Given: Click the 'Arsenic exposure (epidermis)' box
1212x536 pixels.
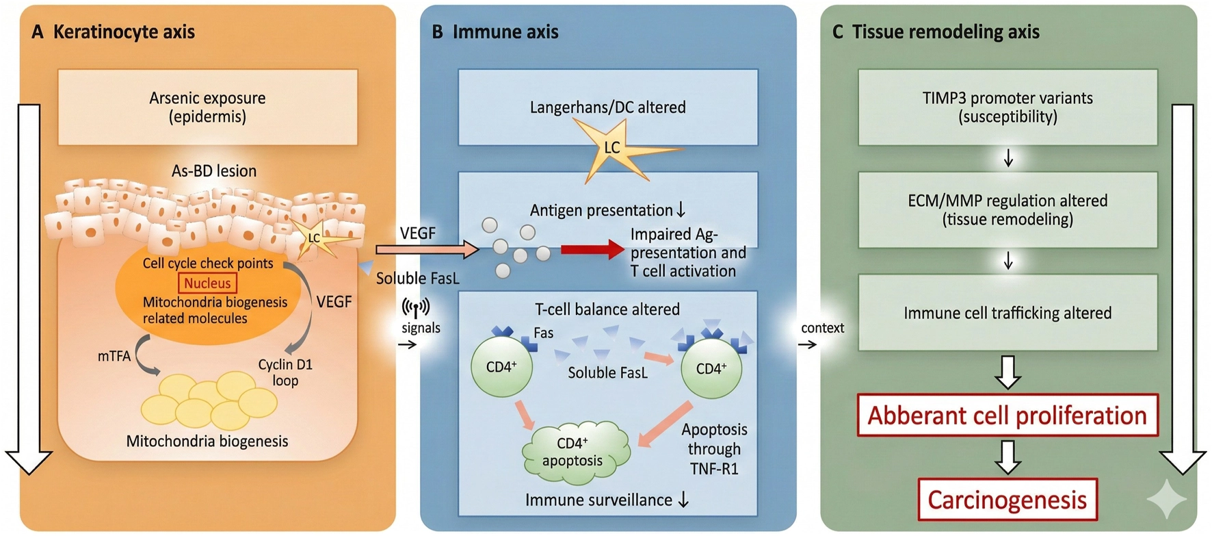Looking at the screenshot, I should coord(207,107).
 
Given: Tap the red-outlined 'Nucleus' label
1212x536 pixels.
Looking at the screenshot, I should coord(207,283).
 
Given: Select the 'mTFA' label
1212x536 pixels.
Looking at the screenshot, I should coord(114,356).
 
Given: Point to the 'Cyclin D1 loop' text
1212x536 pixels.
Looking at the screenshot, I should coord(285,372).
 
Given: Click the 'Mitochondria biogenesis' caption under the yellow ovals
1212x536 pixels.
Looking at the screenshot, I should coord(207,442).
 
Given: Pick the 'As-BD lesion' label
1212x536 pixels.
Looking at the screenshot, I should coord(214,171).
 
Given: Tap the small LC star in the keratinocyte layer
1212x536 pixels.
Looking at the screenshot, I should coord(315,238).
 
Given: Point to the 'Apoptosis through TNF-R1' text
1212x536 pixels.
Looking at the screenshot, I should coord(714,449).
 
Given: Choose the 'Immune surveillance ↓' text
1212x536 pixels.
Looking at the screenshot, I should coord(607,500).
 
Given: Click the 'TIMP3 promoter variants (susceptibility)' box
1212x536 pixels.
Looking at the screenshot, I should coord(1007,107).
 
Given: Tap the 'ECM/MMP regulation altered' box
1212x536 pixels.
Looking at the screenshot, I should coord(1007,209).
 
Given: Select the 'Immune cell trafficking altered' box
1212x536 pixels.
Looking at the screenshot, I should coord(1007,313).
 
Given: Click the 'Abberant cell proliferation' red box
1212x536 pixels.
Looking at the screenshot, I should coord(1007,416).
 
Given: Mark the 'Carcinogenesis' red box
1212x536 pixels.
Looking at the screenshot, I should coord(1007,500).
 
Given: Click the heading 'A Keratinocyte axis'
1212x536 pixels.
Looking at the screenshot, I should coord(114,32).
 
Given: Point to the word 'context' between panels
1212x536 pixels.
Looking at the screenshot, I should coord(822,328).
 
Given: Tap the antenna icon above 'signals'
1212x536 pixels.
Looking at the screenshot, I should coord(416,307).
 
